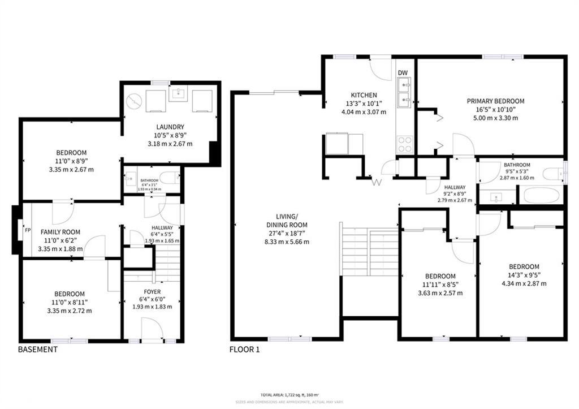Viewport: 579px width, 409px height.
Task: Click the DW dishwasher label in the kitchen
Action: click(403, 73)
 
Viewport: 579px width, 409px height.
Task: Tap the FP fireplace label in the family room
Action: click(27, 231)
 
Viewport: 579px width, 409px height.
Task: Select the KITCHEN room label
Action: click(364, 95)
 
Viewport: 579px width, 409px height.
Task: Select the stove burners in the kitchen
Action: click(404, 144)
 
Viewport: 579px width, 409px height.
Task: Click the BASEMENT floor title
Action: click(38, 350)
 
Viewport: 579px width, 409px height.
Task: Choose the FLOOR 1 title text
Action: click(244, 350)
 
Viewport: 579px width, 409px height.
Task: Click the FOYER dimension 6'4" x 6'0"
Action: click(152, 299)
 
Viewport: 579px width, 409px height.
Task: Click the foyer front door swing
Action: click(151, 329)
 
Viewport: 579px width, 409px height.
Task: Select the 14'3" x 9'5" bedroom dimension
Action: click(524, 275)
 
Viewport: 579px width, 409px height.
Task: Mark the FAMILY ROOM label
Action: click(60, 232)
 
